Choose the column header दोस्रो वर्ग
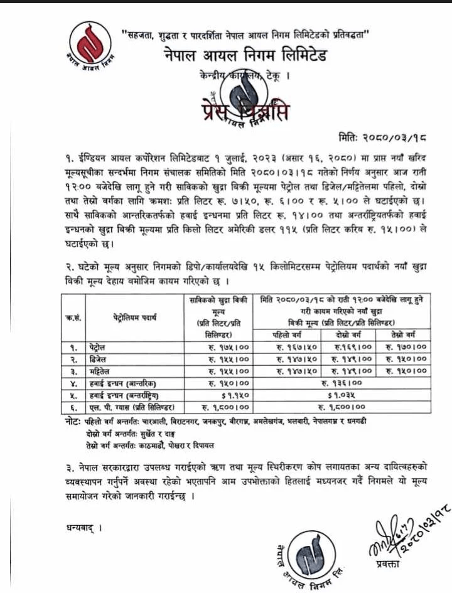(348, 333)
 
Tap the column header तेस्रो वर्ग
(406, 333)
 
